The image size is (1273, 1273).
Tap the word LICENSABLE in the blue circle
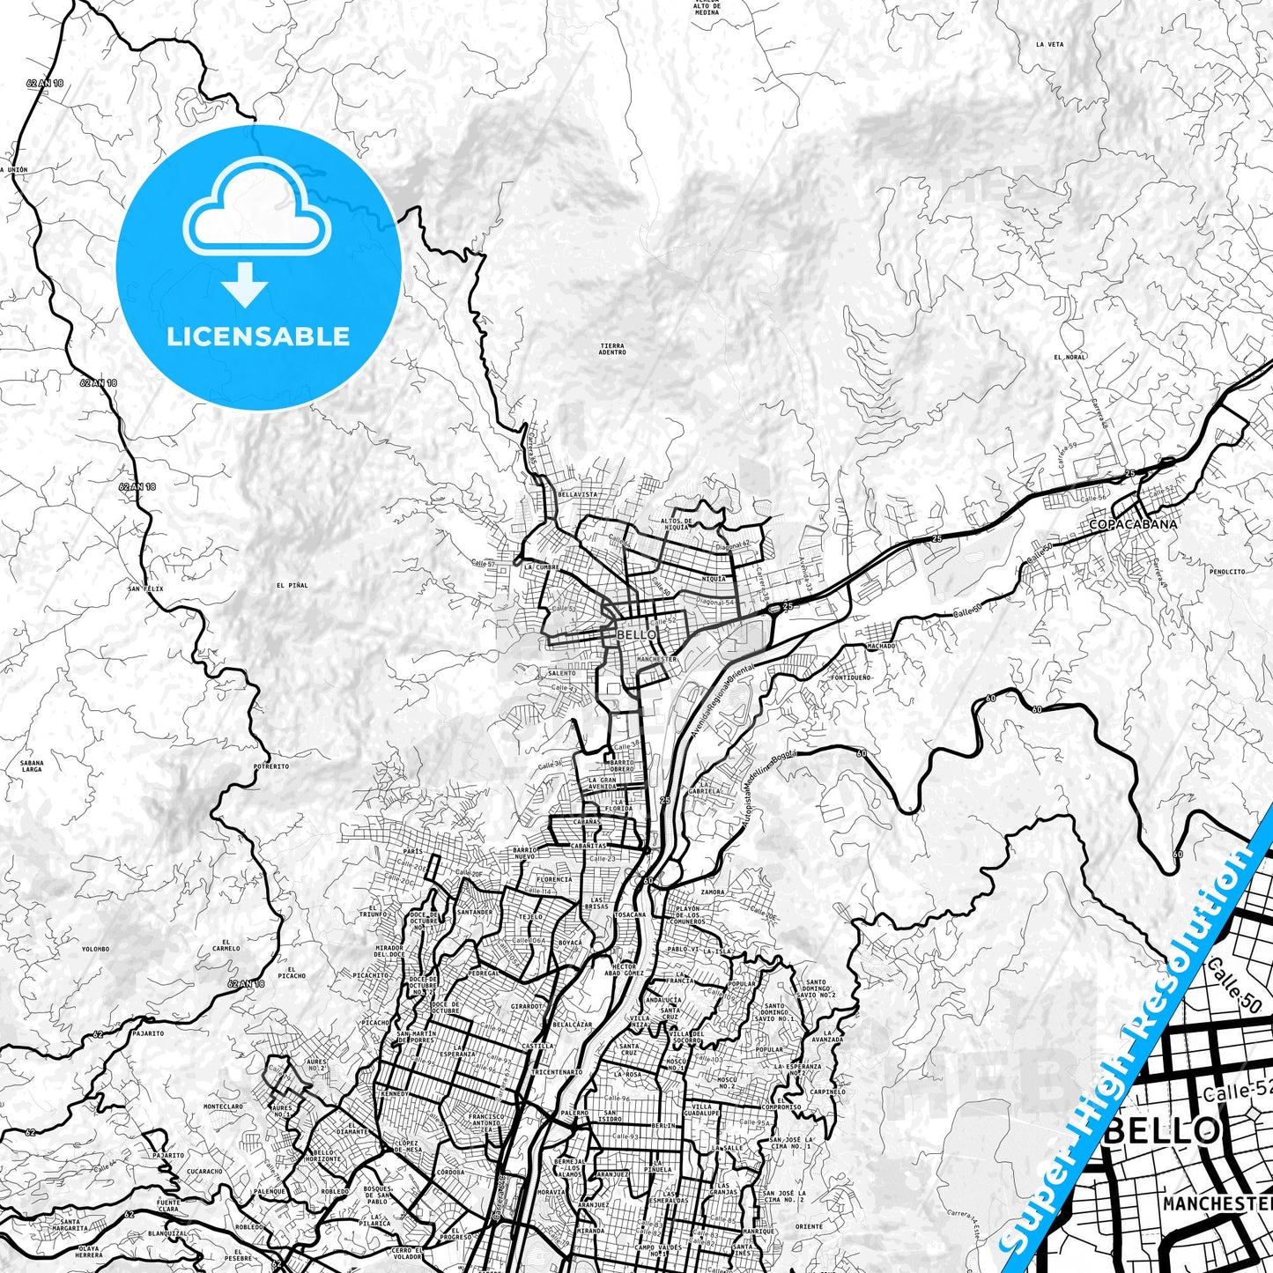tap(258, 337)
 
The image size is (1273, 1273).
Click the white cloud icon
tap(256, 216)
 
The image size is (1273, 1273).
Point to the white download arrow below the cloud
tap(245, 285)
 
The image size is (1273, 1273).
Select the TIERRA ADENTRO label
tap(611, 349)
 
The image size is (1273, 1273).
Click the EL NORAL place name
tap(1069, 358)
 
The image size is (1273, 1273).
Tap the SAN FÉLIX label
tap(146, 588)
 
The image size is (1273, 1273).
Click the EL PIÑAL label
tap(292, 585)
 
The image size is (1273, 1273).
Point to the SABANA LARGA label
tap(31, 766)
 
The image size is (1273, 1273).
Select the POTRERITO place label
tap(270, 766)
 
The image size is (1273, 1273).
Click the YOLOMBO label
tap(95, 949)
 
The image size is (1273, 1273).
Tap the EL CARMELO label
tap(226, 945)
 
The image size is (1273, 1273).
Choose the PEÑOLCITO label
tap(1227, 572)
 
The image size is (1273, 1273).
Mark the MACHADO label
tap(881, 646)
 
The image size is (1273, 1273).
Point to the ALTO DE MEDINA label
tap(707, 9)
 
